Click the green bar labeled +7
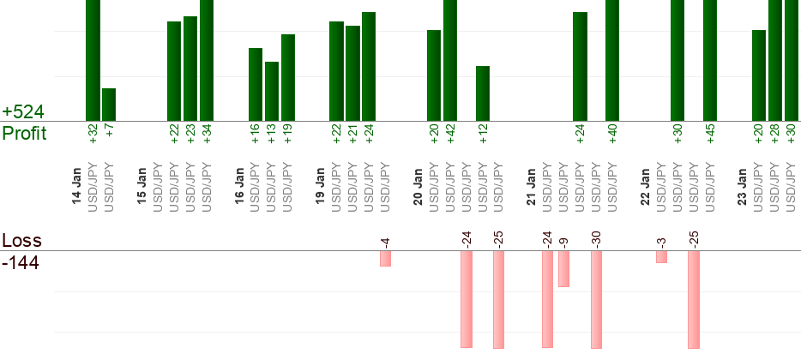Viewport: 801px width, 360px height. point(109,105)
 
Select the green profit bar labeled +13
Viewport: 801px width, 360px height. point(272,92)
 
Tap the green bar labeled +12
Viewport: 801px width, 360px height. point(483,93)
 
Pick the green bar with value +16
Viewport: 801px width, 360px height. point(256,85)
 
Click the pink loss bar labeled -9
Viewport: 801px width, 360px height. point(563,269)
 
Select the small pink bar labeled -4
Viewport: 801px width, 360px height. point(386,259)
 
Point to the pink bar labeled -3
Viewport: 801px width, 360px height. point(661,257)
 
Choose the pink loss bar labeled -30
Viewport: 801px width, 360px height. point(596,300)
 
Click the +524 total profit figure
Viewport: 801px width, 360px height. point(23,112)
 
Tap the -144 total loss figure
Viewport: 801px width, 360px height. point(21,262)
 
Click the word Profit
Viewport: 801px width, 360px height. point(24,134)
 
